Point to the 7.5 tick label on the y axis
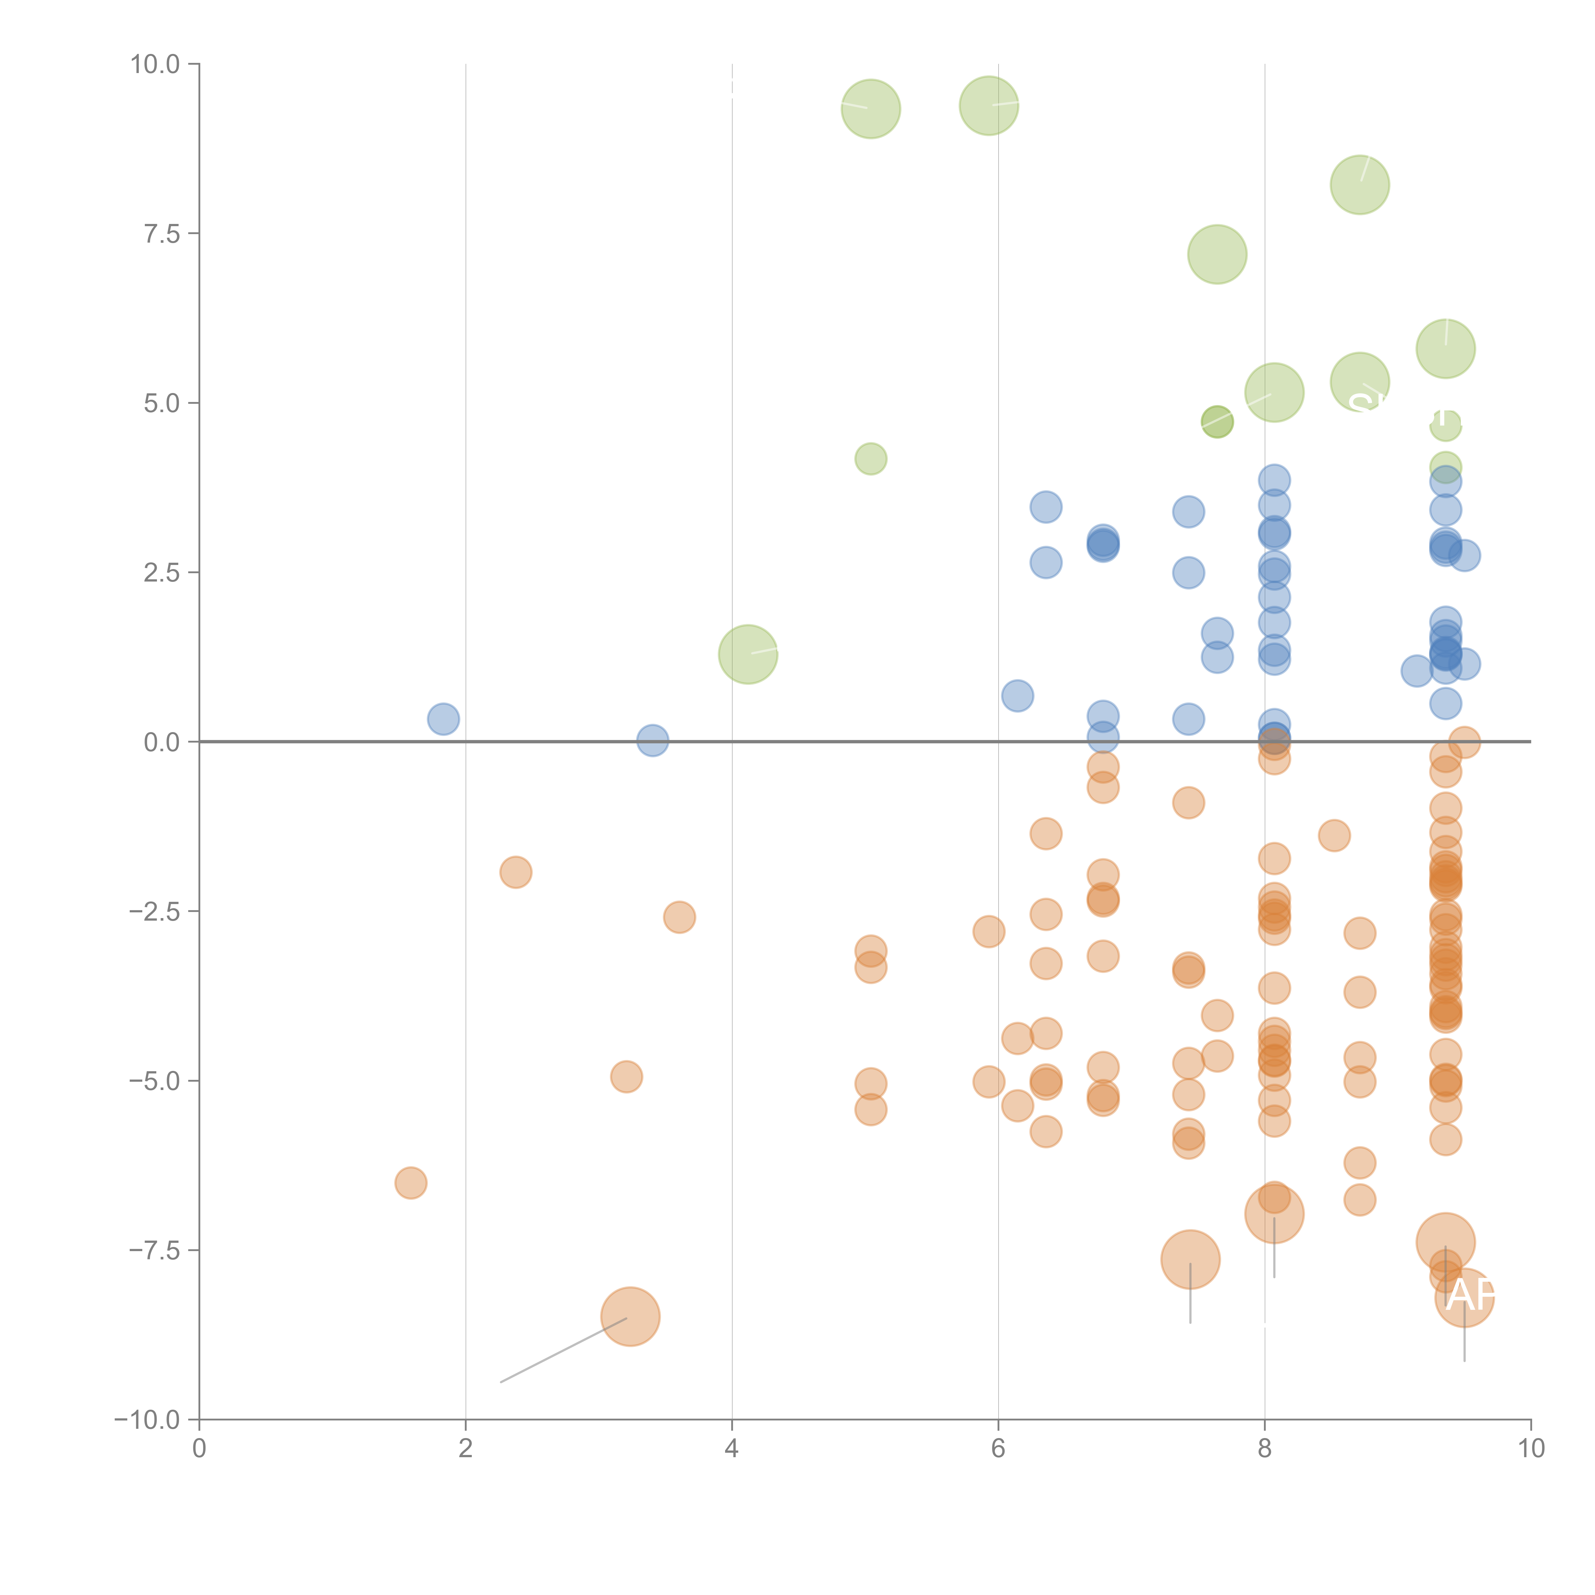pos(162,234)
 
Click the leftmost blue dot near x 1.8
pos(443,719)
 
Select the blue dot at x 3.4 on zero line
pos(652,740)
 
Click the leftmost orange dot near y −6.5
pos(410,1183)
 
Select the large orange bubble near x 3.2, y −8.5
pos(630,1317)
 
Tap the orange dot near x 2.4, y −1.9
pos(515,872)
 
